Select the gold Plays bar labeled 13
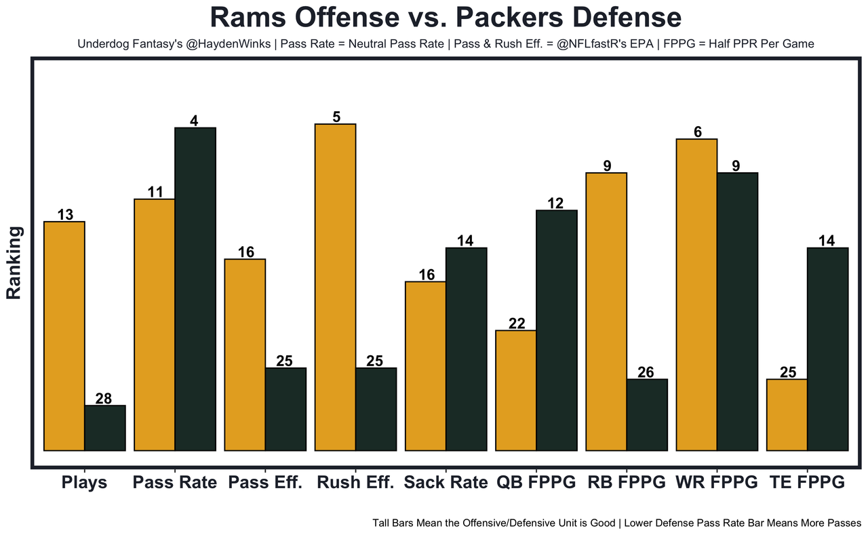tap(64, 336)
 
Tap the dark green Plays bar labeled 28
tap(105, 428)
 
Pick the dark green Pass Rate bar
tap(195, 289)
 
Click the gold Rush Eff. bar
tap(336, 287)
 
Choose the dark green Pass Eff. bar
tap(285, 409)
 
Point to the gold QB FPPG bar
tap(516, 390)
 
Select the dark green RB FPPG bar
tap(647, 414)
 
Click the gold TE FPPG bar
tap(787, 414)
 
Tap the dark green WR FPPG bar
tap(737, 311)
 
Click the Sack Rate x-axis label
tap(446, 483)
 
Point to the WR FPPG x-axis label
tap(716, 483)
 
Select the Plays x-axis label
tap(84, 483)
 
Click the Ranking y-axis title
tap(15, 262)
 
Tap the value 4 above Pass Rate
tap(195, 121)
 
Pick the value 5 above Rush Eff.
tap(336, 117)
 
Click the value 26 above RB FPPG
tap(647, 372)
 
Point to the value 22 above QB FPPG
tap(517, 323)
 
